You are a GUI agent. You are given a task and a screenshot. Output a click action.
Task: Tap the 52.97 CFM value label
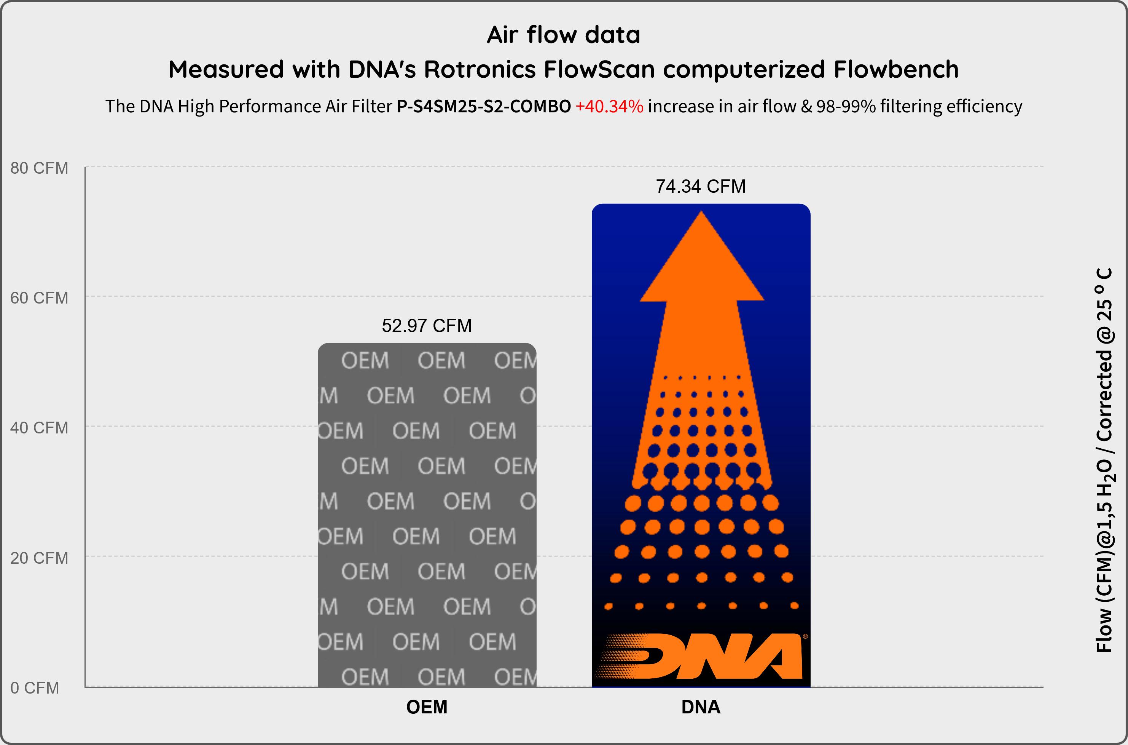coord(427,326)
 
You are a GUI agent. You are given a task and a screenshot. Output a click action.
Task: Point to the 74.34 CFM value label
coord(701,186)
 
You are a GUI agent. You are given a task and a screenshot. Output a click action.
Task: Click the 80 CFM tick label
coord(40,168)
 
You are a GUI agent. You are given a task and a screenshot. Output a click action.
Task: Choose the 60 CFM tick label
coord(40,298)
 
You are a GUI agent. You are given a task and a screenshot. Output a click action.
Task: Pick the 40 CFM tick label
coord(40,428)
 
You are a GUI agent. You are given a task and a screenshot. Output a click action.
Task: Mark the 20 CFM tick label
coord(40,558)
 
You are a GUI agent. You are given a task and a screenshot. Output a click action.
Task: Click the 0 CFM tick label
coord(35,688)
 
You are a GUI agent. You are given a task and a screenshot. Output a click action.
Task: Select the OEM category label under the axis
coord(427,707)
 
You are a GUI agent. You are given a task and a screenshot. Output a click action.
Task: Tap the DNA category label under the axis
coord(701,707)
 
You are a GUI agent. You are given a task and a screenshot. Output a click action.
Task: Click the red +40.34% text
coord(609,106)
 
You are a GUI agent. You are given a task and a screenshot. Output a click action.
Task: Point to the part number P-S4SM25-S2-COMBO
coord(484,106)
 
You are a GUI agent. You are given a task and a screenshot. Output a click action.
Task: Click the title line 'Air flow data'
coord(564,35)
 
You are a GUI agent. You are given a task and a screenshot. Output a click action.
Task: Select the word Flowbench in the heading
coord(896,69)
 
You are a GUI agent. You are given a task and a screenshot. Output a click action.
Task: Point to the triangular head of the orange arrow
coord(702,266)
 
